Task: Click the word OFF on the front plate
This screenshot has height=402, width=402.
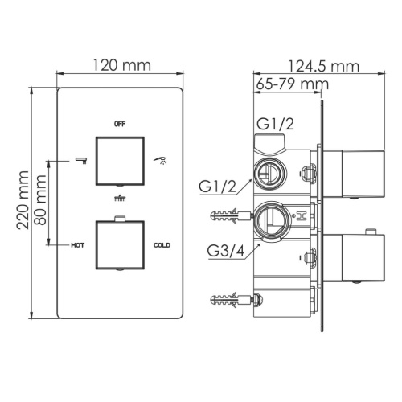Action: pos(121,124)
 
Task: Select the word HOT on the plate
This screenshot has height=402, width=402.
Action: pos(78,244)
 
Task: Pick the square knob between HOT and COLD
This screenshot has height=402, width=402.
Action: pos(121,244)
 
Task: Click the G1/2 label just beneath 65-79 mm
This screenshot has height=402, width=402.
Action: pos(276,123)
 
